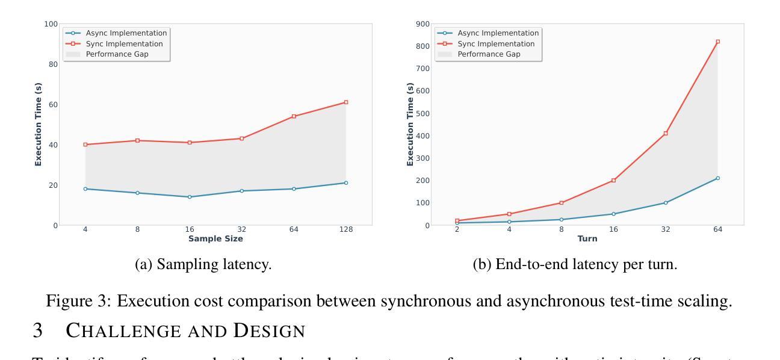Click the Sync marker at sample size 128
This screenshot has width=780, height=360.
(346, 102)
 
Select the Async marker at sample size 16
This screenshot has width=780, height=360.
(190, 197)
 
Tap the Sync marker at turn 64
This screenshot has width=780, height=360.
(718, 42)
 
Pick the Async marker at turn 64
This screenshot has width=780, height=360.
(718, 178)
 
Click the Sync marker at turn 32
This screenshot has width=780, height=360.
(666, 133)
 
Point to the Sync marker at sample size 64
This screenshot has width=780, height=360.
(294, 116)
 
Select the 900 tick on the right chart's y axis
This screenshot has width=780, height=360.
(421, 23)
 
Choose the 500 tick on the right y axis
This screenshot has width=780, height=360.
(421, 113)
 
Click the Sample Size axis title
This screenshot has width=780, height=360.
(215, 239)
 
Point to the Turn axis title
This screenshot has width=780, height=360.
(587, 239)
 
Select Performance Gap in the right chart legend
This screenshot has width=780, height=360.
(489, 54)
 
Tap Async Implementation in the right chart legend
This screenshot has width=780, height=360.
(498, 33)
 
